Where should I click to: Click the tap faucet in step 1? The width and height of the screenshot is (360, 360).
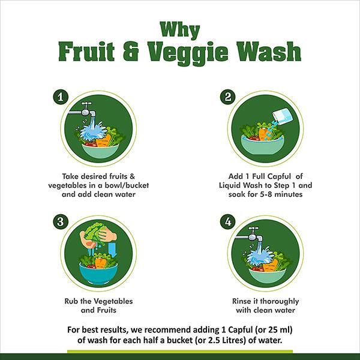click(x=86, y=110)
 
